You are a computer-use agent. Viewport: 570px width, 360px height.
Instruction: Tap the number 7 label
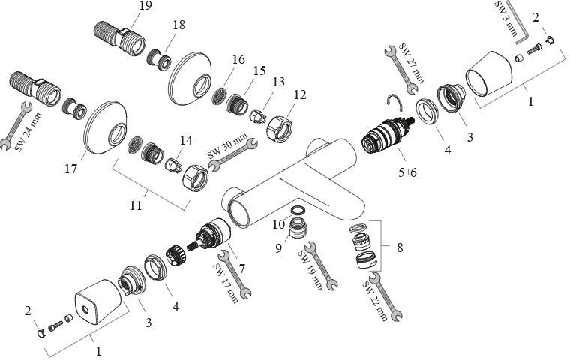243,268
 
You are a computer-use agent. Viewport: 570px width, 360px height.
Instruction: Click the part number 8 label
398,247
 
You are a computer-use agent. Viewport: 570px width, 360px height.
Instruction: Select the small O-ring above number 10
297,211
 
